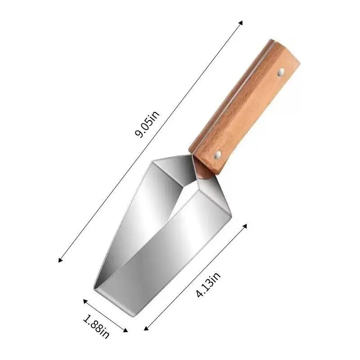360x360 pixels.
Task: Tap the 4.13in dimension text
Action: click(208, 287)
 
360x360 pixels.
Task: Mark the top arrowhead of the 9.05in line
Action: click(241, 22)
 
